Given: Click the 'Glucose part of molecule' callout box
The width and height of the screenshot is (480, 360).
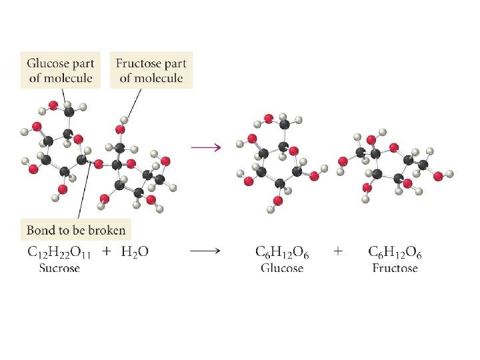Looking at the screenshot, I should [61, 71].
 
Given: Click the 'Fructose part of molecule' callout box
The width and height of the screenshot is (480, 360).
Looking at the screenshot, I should [151, 71].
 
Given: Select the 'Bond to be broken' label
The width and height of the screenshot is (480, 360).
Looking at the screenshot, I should [75, 231].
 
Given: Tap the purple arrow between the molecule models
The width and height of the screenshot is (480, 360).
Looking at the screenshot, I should [206, 147].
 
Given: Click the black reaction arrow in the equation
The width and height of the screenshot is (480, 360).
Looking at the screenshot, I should [206, 252].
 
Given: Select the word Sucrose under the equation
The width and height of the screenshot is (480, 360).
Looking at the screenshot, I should [59, 268].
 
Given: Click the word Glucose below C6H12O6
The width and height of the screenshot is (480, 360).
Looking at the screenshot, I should [281, 268].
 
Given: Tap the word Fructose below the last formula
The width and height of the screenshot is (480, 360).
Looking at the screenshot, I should [395, 268].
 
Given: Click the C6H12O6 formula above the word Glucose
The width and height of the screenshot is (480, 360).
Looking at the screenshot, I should [281, 252].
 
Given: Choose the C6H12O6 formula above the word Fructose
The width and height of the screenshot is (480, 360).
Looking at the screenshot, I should [395, 252].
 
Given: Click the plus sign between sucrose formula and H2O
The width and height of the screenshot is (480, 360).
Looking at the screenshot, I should [105, 252].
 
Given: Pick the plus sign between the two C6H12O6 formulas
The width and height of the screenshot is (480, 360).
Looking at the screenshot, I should [339, 251].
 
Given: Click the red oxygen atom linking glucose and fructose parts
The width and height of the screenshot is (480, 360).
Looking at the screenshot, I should [99, 163].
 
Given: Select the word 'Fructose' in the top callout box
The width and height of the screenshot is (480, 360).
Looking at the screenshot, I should [137, 64].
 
